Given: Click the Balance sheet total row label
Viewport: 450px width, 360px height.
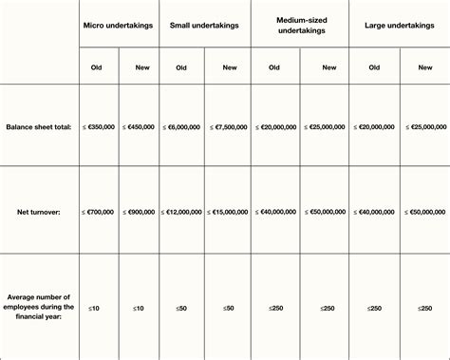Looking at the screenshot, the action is (x=39, y=126).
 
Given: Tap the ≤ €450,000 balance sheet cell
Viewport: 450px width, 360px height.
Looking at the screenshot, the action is (x=139, y=126).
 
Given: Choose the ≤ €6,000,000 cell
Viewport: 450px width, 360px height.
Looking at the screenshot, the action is (x=181, y=126).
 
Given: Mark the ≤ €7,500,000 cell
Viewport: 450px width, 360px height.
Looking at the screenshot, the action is (x=229, y=126).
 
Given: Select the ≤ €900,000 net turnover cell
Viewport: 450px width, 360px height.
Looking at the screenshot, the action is (x=139, y=213).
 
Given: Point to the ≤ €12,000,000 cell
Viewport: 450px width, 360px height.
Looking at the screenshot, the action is (x=181, y=213).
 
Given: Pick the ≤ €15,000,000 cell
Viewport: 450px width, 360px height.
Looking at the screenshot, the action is (x=229, y=213).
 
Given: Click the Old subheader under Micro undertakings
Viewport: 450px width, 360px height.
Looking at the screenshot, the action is (x=97, y=67).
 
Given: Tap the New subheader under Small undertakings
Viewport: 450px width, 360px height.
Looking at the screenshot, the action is (x=229, y=67).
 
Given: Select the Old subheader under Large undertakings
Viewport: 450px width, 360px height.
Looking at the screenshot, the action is (x=375, y=67).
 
